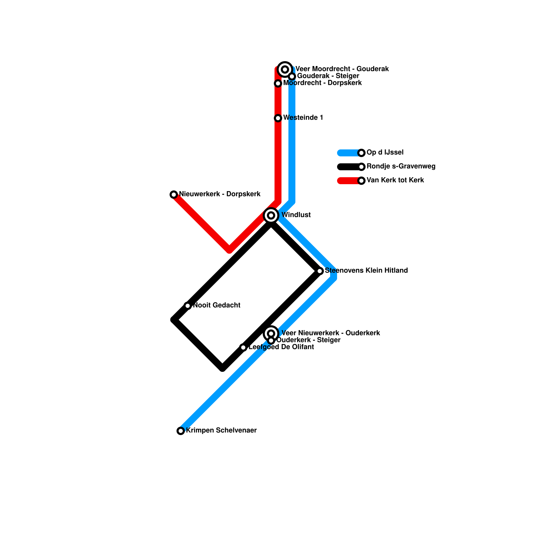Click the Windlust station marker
[x=271, y=215]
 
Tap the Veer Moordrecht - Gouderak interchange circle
[x=285, y=69]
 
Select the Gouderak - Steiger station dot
[x=292, y=76]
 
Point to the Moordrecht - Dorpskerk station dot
[x=278, y=83]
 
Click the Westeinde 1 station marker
[x=278, y=118]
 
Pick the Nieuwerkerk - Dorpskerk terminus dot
[x=174, y=195]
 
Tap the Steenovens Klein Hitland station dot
[x=320, y=271]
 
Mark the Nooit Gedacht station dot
[x=188, y=306]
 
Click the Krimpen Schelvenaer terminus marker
[x=181, y=431]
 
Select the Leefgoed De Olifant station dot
[x=243, y=347]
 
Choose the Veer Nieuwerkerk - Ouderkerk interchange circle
[x=271, y=333]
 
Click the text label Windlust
[x=296, y=215]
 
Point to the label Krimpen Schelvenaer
[x=221, y=431]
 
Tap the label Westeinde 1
[x=303, y=118]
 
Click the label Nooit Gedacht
[x=216, y=305]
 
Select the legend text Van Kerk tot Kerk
[x=395, y=180]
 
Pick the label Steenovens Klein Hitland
[x=366, y=271]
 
